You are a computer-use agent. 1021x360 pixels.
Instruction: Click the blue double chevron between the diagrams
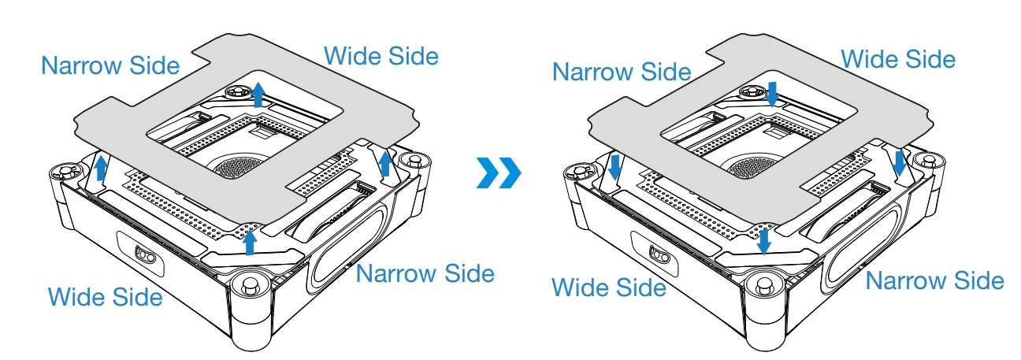click(499, 173)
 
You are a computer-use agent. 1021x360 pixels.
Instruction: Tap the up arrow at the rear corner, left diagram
click(259, 95)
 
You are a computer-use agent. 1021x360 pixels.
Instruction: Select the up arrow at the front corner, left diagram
click(250, 243)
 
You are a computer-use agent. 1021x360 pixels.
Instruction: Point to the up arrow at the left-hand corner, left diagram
click(101, 167)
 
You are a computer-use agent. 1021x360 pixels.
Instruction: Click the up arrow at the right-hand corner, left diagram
click(385, 164)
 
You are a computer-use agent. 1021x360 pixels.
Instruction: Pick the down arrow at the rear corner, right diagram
click(772, 94)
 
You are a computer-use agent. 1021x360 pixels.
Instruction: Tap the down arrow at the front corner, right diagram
click(764, 242)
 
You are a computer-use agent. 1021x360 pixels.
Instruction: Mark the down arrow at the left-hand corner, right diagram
click(614, 167)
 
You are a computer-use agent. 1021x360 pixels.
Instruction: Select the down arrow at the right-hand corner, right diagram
click(900, 164)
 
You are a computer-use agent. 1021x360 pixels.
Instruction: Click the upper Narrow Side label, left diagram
click(111, 65)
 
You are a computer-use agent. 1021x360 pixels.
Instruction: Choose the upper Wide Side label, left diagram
click(381, 56)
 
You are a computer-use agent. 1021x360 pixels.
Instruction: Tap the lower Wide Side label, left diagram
click(106, 297)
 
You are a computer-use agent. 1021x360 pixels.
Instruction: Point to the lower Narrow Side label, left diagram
click(425, 273)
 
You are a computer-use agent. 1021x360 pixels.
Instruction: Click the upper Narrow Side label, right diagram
click(622, 72)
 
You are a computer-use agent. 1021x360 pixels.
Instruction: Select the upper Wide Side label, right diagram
click(898, 59)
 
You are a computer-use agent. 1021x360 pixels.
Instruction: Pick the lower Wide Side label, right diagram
click(609, 288)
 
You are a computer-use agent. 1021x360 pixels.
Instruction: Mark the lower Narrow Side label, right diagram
click(935, 280)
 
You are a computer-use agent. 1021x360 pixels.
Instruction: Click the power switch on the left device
click(146, 254)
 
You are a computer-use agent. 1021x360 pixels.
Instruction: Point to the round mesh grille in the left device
click(236, 167)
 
